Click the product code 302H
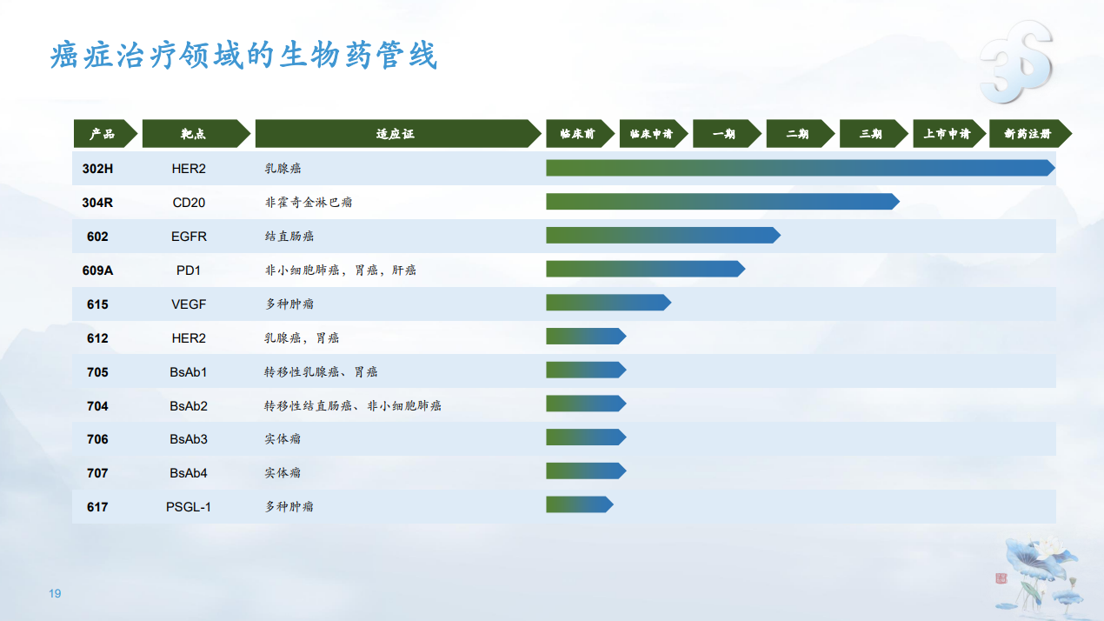tap(97, 169)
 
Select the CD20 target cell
tap(189, 203)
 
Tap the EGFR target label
tap(189, 237)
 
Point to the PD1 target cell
tap(189, 270)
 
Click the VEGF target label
tap(189, 304)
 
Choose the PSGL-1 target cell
tap(189, 507)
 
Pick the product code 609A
tap(97, 270)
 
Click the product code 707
tap(97, 473)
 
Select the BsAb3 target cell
tap(189, 439)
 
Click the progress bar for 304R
tap(722, 201)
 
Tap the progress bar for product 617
tap(580, 504)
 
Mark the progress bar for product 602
tap(663, 236)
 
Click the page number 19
tap(55, 593)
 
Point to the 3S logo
tap(1016, 62)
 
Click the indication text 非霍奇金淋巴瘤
tap(309, 203)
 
